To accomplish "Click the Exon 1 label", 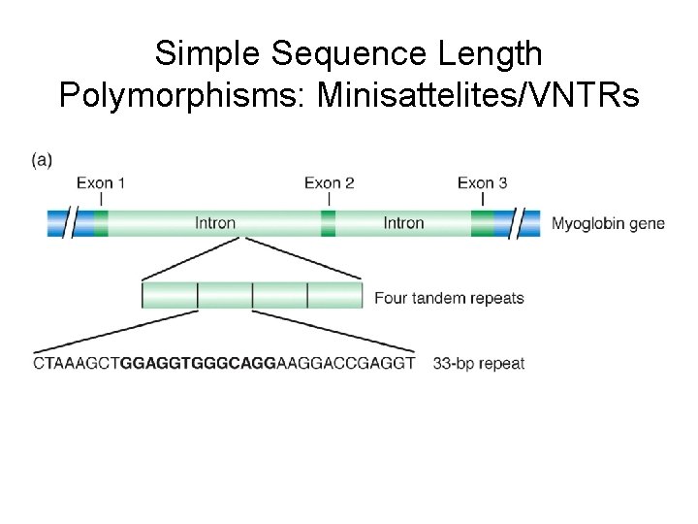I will (101, 182).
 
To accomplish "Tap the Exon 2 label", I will (329, 182).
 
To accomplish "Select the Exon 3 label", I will (482, 182).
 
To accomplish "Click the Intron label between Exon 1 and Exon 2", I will (215, 223).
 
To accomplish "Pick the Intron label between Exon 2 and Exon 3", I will (403, 223).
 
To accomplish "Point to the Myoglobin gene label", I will (608, 223).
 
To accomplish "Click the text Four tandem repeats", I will (449, 298).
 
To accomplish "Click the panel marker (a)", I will (43, 160).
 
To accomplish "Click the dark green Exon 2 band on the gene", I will (329, 224).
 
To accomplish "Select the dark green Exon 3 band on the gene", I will (482, 224).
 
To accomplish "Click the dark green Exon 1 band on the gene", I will (101, 224).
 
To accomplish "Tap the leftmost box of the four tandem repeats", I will (170, 295).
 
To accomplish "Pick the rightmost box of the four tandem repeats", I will (335, 295).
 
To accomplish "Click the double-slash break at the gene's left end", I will (74, 224).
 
